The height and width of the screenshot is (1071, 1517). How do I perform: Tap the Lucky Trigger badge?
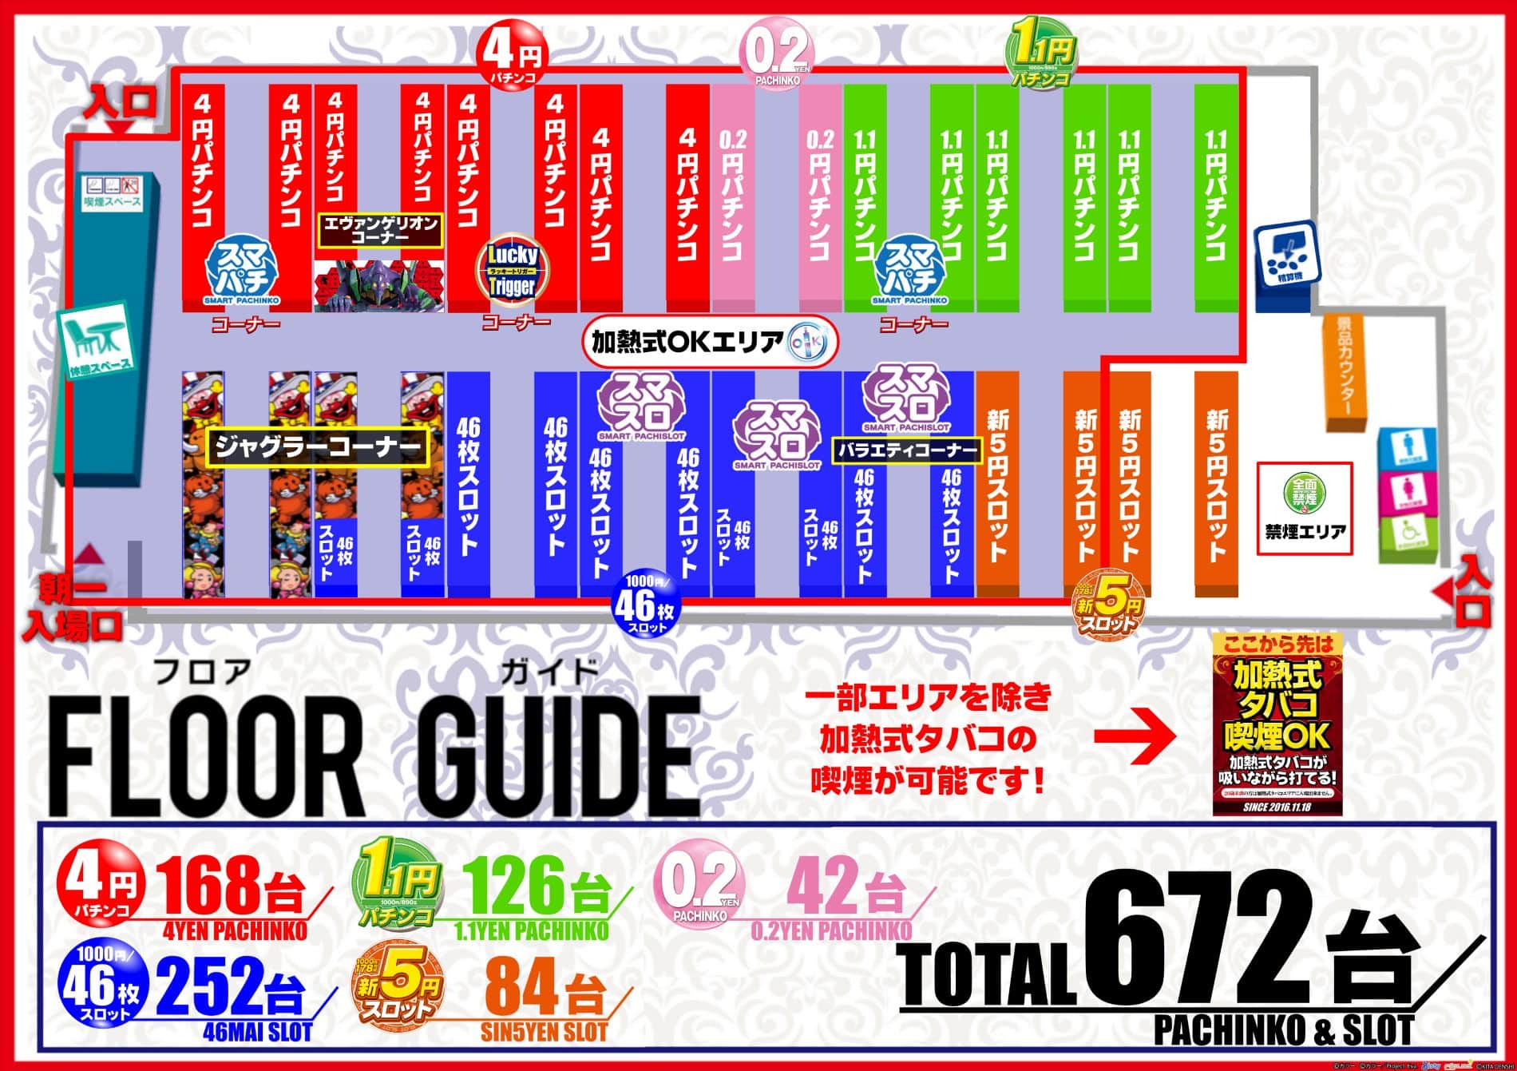(x=513, y=271)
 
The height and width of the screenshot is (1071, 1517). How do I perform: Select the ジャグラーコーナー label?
(x=318, y=448)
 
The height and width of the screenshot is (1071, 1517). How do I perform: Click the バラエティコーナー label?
(x=907, y=450)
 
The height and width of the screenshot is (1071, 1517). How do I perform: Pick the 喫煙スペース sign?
(x=115, y=191)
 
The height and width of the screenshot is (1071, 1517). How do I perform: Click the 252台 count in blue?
(x=232, y=987)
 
